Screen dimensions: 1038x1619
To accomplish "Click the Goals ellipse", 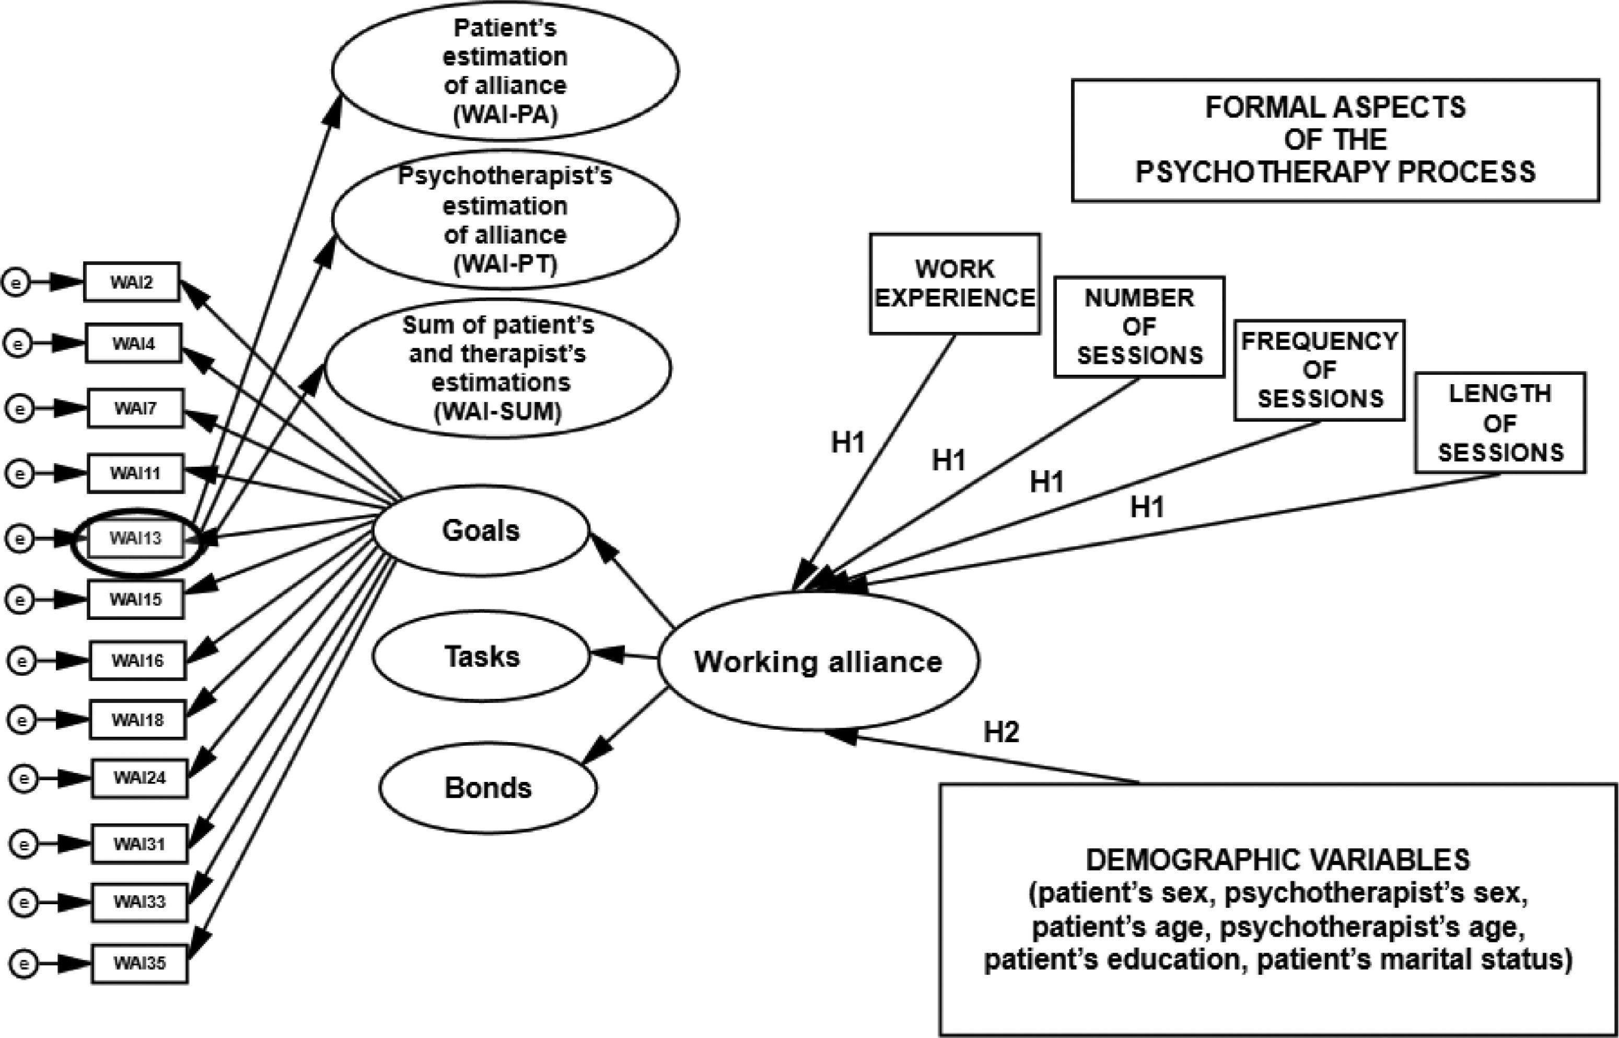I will tap(481, 531).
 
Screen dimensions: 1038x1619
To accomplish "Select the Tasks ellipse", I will tap(482, 656).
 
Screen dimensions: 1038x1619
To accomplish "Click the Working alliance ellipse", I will tap(818, 662).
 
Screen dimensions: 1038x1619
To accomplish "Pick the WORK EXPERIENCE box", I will tap(954, 284).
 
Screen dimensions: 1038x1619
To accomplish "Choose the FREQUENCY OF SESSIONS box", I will tap(1319, 370).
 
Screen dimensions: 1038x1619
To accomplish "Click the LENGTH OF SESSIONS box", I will tap(1500, 423).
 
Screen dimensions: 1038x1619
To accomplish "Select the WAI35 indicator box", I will tap(139, 963).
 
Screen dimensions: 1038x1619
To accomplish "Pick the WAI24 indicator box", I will tap(139, 778).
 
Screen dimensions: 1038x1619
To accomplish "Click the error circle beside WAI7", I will tap(19, 409).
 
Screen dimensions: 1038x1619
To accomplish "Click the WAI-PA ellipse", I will tap(505, 71).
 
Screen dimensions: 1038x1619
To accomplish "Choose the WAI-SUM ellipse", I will tap(498, 368).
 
